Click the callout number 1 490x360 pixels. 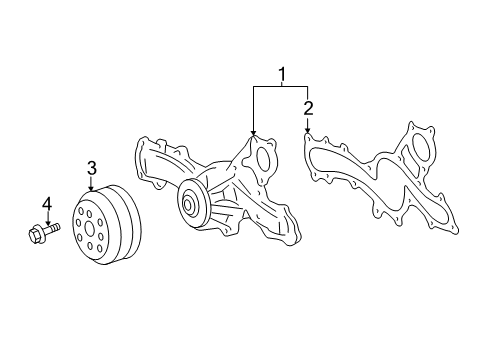click(x=281, y=73)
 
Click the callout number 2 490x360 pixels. click(x=308, y=107)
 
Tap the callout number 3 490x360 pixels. click(x=91, y=167)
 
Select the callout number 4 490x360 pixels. click(x=46, y=205)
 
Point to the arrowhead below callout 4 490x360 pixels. click(x=46, y=224)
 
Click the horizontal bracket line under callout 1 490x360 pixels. click(x=280, y=88)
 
